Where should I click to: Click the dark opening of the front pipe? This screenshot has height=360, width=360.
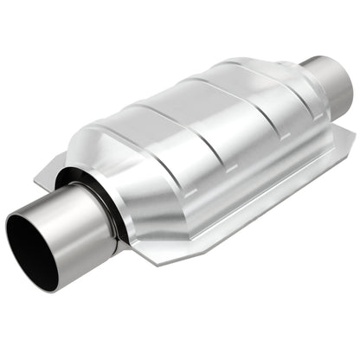pyautogui.click(x=30, y=243)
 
